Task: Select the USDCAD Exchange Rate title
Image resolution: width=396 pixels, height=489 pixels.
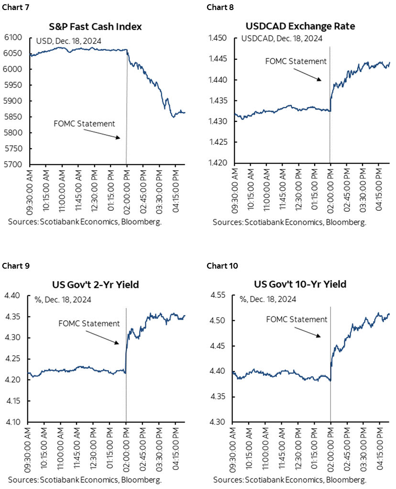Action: [300, 26]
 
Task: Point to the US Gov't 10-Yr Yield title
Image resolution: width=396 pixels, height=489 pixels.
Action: [300, 284]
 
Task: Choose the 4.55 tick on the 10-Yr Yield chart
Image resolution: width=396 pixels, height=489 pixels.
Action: [219, 295]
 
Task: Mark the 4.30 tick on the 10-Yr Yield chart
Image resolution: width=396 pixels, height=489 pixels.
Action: [219, 422]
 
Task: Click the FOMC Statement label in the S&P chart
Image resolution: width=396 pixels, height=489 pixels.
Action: [85, 123]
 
